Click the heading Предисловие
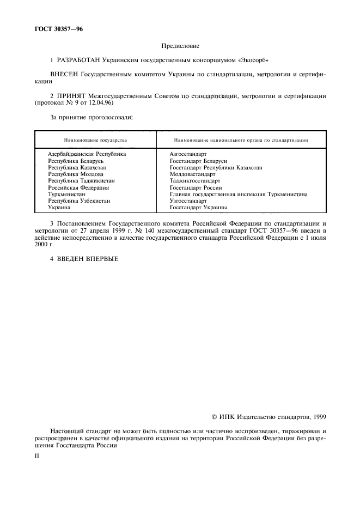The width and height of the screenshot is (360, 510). (180, 47)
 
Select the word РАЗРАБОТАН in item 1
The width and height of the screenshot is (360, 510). (78, 59)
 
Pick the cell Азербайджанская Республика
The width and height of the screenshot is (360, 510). (87, 154)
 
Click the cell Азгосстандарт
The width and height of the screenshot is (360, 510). (188, 154)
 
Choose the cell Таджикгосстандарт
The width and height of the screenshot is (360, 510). (194, 180)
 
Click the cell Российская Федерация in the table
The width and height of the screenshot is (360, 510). (78, 187)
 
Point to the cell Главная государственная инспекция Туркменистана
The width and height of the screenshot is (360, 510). (238, 194)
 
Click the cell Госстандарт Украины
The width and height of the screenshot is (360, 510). (198, 207)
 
